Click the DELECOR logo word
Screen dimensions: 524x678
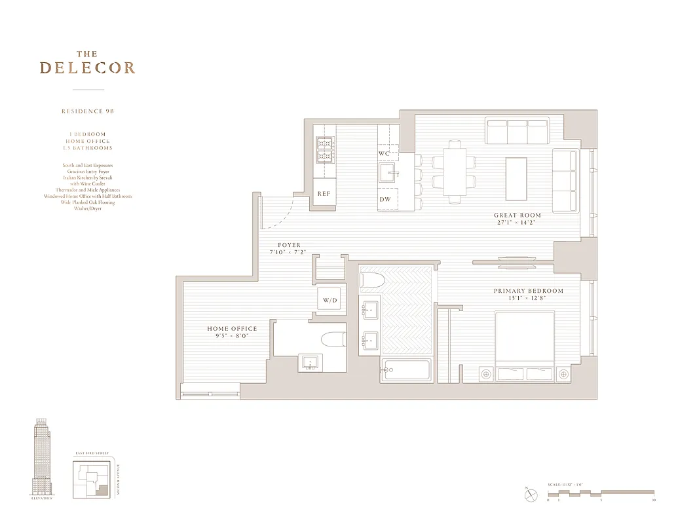pyautogui.click(x=87, y=67)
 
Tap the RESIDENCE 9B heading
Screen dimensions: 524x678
pyautogui.click(x=88, y=111)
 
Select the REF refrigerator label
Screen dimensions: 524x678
pyautogui.click(x=324, y=194)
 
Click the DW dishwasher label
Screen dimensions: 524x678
pyautogui.click(x=385, y=200)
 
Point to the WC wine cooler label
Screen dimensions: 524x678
pyautogui.click(x=385, y=153)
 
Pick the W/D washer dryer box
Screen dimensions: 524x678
pyautogui.click(x=330, y=301)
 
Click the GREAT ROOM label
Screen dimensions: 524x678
pyautogui.click(x=518, y=215)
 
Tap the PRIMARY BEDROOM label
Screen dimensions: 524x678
pyautogui.click(x=528, y=291)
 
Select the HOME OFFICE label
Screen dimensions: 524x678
pyautogui.click(x=232, y=329)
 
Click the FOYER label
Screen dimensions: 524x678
pyautogui.click(x=288, y=246)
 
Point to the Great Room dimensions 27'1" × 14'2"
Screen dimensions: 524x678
pyautogui.click(x=518, y=223)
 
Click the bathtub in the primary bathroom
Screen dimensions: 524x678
pyautogui.click(x=406, y=371)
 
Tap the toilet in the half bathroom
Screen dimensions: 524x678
pyautogui.click(x=333, y=340)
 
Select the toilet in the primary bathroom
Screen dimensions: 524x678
pyautogui.click(x=371, y=280)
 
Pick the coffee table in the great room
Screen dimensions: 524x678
pyautogui.click(x=516, y=179)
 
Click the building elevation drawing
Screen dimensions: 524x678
pyautogui.click(x=42, y=458)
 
